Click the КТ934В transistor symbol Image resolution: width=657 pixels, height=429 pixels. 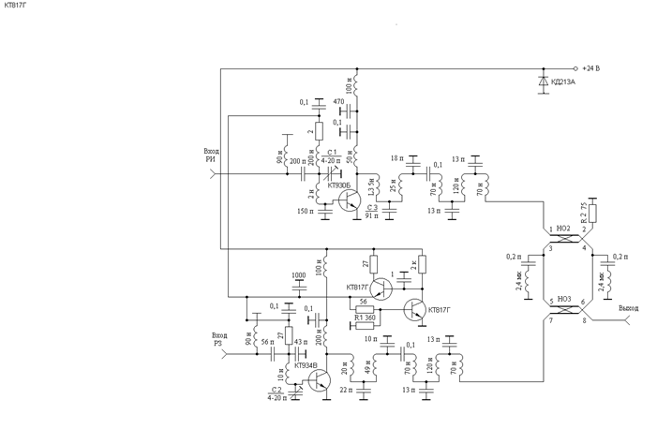[319, 378]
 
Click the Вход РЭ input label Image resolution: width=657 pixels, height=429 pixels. [219, 338]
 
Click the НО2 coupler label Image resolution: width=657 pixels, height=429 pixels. [563, 228]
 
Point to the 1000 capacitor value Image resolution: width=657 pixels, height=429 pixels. [298, 275]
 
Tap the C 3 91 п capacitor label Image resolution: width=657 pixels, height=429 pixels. [372, 212]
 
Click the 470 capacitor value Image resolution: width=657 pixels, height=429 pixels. [338, 101]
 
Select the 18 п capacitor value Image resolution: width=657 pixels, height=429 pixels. [396, 158]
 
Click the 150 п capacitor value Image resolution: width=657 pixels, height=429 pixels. [306, 212]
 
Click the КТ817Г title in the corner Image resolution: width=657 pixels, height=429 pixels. [16, 6]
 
